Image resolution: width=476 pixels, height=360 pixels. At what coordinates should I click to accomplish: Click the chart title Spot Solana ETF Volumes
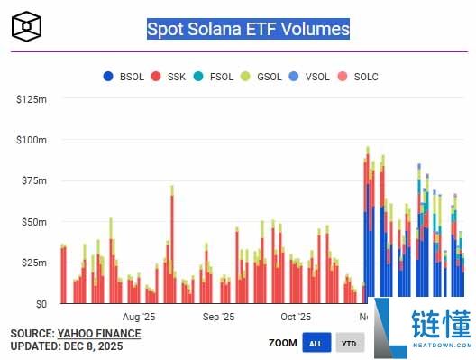pyautogui.click(x=248, y=29)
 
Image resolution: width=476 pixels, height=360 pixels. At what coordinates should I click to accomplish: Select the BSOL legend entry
pyautogui.click(x=124, y=77)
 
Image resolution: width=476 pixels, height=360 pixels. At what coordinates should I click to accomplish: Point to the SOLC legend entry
pyautogui.click(x=366, y=77)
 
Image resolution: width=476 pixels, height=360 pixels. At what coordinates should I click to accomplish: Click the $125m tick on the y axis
pyautogui.click(x=32, y=98)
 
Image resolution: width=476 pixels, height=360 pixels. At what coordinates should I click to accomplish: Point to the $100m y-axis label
pyautogui.click(x=32, y=140)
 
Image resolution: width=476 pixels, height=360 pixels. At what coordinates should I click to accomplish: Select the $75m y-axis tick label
pyautogui.click(x=34, y=180)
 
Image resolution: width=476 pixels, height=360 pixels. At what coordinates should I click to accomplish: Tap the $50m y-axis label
pyautogui.click(x=34, y=222)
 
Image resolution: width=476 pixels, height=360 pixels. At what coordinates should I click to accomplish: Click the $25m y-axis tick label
pyautogui.click(x=34, y=263)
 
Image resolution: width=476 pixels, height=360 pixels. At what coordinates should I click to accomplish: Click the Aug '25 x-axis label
pyautogui.click(x=139, y=318)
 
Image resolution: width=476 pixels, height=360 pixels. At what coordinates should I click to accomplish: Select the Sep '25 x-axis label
pyautogui.click(x=218, y=318)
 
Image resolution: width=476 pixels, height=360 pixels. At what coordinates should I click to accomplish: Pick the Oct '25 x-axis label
pyautogui.click(x=296, y=318)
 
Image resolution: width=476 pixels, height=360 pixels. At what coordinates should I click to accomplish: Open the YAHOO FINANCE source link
pyautogui.click(x=99, y=333)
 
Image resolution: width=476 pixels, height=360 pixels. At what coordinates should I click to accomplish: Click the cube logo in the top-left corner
pyautogui.click(x=27, y=26)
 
